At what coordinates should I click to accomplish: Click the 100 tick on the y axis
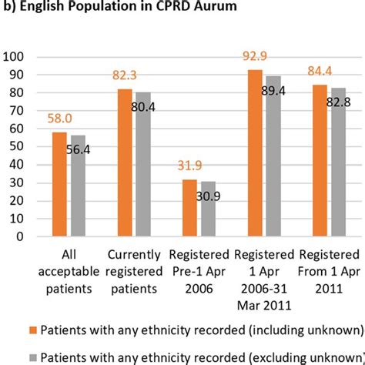15,57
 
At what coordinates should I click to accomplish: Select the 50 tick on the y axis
18,147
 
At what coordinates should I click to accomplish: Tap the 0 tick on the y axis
21,237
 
